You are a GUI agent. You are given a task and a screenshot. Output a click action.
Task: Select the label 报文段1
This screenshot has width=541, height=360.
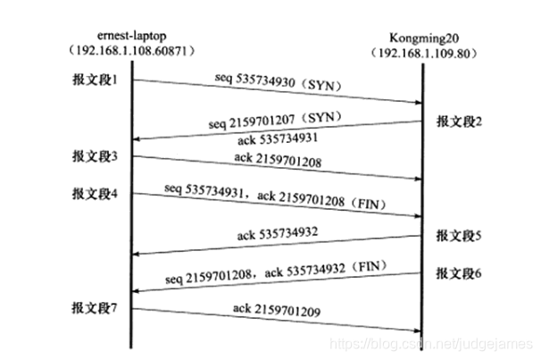(95, 80)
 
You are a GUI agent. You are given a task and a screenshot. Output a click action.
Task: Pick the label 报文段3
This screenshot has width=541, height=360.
(95, 156)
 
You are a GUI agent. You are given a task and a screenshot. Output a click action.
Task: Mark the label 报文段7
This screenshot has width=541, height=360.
(95, 308)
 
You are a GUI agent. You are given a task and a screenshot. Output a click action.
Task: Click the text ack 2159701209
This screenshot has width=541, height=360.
(279, 314)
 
